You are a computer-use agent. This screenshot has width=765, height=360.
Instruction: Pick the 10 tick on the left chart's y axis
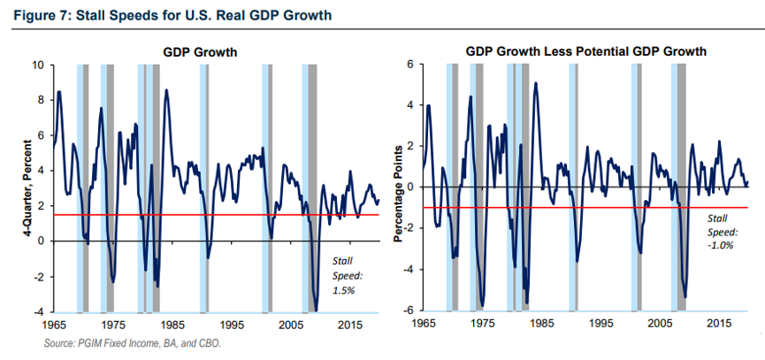(x=38, y=65)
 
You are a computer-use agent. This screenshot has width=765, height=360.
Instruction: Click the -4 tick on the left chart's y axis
(x=38, y=311)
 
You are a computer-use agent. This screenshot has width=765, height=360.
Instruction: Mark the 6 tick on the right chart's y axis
(x=410, y=65)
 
